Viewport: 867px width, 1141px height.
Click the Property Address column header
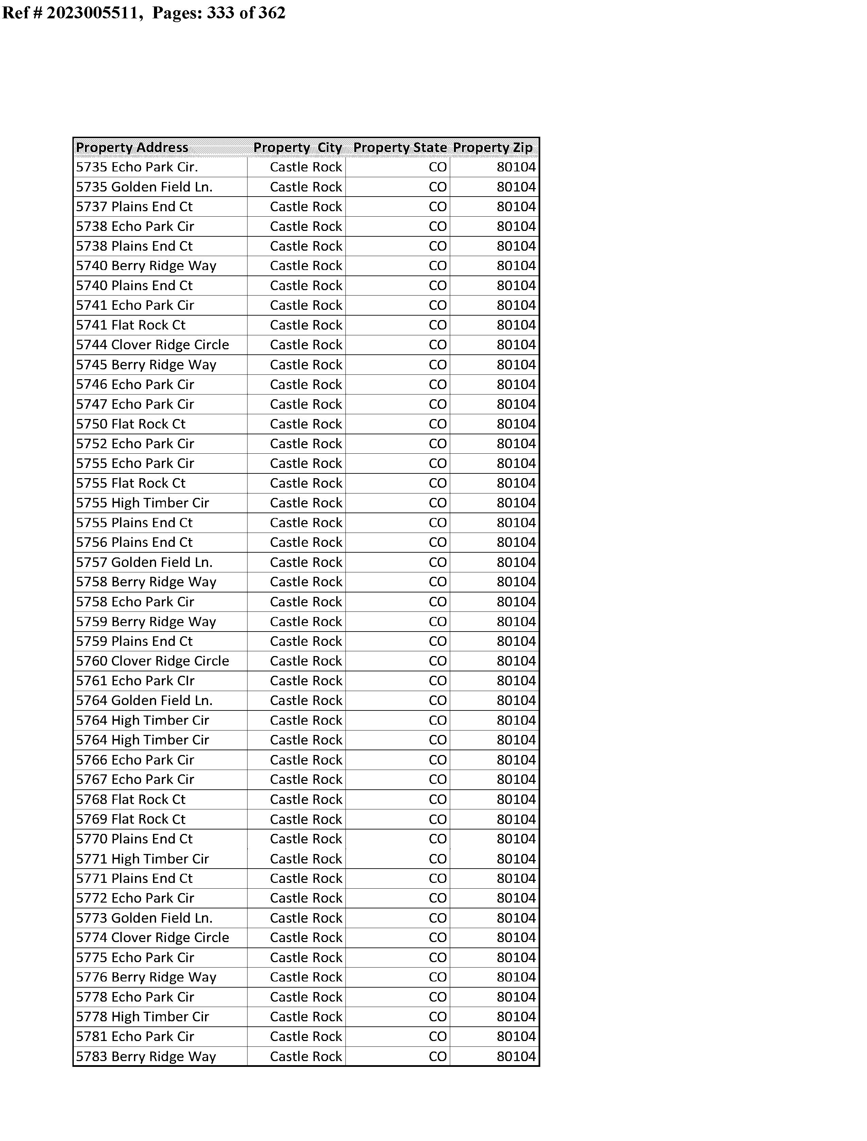coord(132,148)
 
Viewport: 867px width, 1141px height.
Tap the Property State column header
coord(400,148)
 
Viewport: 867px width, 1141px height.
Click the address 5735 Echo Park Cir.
coord(137,167)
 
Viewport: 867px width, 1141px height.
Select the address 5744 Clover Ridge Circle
coord(152,345)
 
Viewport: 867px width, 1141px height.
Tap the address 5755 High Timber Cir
coord(142,503)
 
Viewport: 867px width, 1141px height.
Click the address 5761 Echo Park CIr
coord(135,681)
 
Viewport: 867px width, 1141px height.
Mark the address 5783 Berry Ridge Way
coord(146,1057)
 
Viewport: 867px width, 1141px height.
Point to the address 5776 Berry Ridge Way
coord(146,977)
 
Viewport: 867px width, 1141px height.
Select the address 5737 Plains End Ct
coord(134,207)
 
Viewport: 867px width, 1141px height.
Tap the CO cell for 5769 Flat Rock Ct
coord(438,820)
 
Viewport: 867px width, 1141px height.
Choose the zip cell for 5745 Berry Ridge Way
coord(516,365)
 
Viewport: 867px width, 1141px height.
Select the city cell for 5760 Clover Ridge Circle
coord(306,661)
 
